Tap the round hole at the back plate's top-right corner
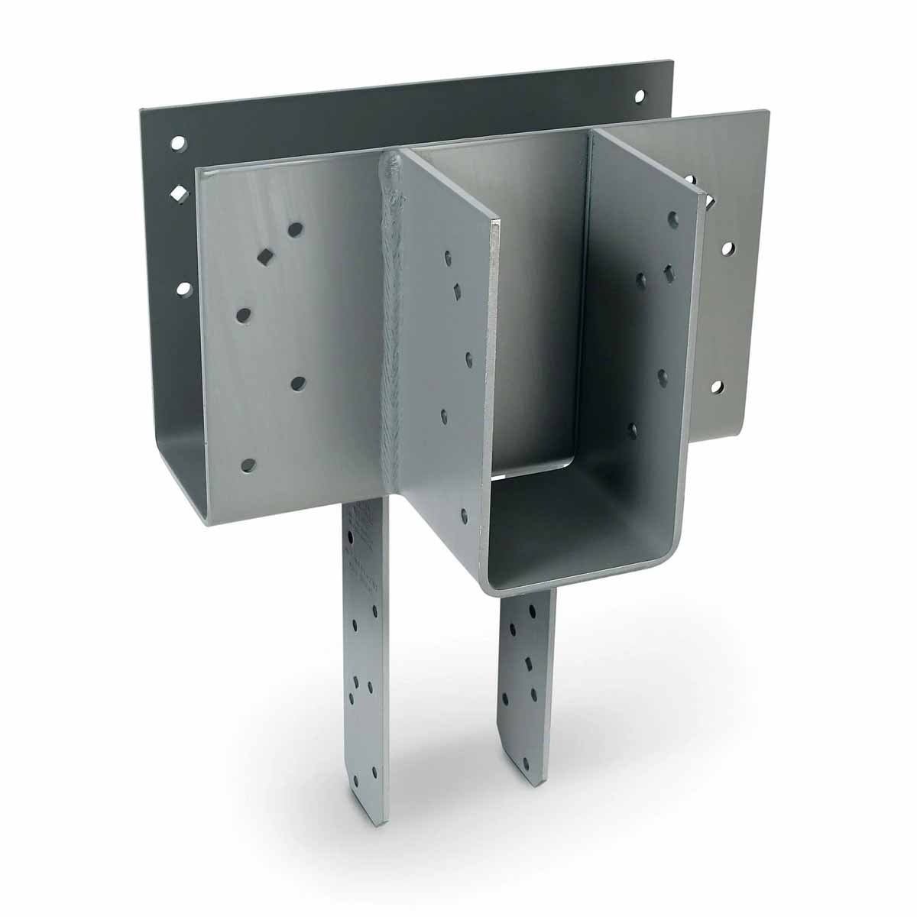tap(640, 97)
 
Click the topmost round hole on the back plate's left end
tap(177, 142)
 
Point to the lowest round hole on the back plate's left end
tap(183, 288)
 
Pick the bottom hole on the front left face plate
tap(248, 464)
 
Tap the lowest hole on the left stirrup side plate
tap(463, 514)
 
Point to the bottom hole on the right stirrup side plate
tap(632, 431)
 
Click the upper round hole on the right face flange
tap(725, 249)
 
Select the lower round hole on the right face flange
tap(717, 387)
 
